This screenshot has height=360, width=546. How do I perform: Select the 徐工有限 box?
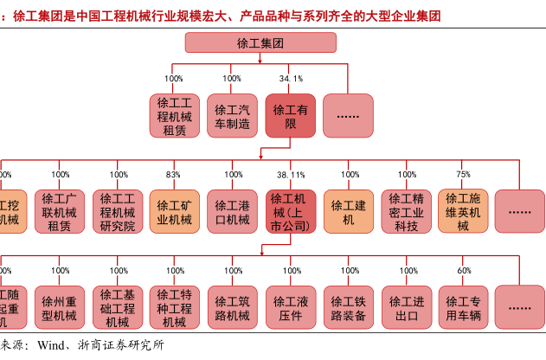pyautogui.click(x=291, y=116)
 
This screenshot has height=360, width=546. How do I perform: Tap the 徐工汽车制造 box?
pyautogui.click(x=232, y=116)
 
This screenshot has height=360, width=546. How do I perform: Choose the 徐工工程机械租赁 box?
pyautogui.click(x=174, y=116)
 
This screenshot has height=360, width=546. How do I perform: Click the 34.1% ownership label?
pyautogui.click(x=291, y=79)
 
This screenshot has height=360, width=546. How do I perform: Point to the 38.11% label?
pyautogui.click(x=291, y=175)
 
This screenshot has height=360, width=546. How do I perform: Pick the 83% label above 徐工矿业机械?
pyautogui.click(x=174, y=175)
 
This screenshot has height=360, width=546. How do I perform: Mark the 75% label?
pyautogui.click(x=464, y=175)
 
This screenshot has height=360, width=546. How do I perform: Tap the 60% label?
pyautogui.click(x=464, y=271)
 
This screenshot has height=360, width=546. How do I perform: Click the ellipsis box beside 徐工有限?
pyautogui.click(x=348, y=116)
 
